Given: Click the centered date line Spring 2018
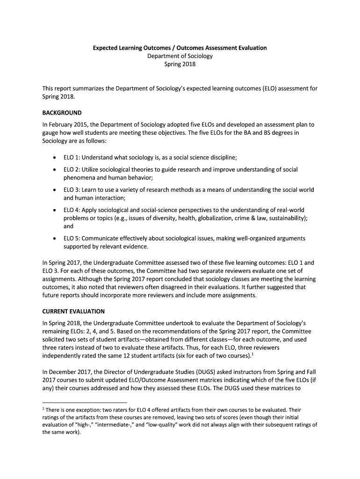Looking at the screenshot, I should tap(180, 65).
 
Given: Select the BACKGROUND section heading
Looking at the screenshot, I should tap(62, 113).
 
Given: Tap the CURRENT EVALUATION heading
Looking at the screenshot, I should tap(73, 311).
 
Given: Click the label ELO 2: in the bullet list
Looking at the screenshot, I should tap(72, 169).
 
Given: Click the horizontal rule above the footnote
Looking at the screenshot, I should tap(84, 402).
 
